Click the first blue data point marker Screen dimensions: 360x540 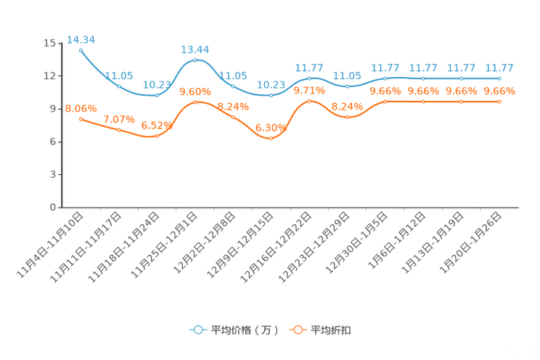click(x=81, y=50)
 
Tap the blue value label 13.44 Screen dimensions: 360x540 click(x=195, y=49)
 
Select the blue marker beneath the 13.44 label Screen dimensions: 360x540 click(x=195, y=60)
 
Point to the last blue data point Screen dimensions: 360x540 click(x=499, y=78)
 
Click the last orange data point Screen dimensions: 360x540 click(x=499, y=102)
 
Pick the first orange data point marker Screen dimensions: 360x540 click(x=81, y=118)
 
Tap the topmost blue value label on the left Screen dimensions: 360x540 click(x=81, y=39)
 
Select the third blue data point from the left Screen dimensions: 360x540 click(x=157, y=95)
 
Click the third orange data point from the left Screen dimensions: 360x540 click(x=157, y=136)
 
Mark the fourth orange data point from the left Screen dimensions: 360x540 click(x=195, y=103)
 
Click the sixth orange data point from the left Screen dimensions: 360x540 click(x=271, y=138)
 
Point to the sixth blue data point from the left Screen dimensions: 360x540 click(x=271, y=95)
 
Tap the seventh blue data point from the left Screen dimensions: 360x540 click(x=309, y=78)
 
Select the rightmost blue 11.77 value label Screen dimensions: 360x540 click(x=499, y=67)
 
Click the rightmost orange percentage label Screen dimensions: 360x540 click(x=499, y=91)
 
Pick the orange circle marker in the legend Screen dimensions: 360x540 click(x=298, y=330)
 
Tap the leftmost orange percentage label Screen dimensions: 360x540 click(x=81, y=109)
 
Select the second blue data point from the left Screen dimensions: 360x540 click(x=119, y=86)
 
